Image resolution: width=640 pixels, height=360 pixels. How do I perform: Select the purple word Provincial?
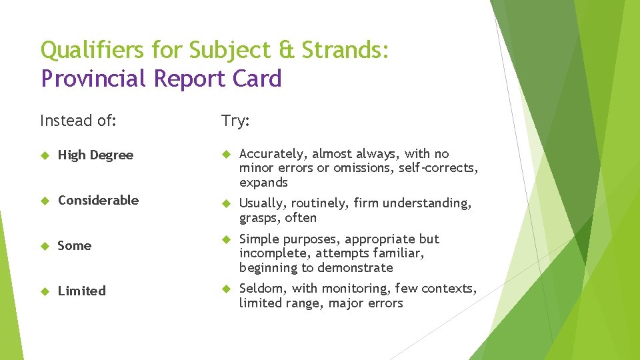93,79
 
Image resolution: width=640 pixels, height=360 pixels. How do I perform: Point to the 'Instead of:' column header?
78,121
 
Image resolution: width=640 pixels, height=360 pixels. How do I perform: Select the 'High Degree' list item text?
95,155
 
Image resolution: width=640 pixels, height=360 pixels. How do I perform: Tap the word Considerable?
98,200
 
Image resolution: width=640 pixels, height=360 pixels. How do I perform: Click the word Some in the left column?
74,245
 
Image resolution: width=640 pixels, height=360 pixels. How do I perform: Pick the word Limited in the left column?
81,291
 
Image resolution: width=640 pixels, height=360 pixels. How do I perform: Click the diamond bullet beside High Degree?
45,155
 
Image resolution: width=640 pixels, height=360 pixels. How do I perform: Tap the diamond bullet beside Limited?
45,291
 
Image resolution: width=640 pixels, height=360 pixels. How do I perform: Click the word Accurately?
273,154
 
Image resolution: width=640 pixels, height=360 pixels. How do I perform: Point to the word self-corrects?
438,168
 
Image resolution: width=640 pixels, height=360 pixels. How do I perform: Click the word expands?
263,183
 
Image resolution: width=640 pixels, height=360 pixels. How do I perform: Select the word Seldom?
260,289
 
